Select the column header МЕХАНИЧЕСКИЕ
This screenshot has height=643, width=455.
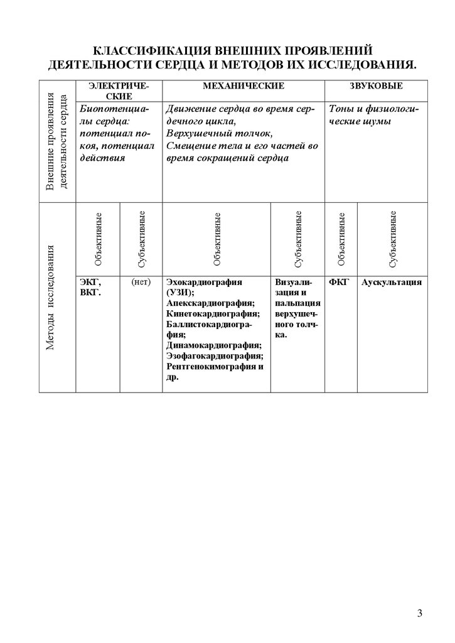tap(243, 85)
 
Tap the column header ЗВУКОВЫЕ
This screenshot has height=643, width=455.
tap(376, 85)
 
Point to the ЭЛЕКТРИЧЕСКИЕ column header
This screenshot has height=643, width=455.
tap(119, 90)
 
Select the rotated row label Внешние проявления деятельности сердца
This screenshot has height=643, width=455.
tap(57, 141)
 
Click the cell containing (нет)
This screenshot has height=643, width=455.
tap(141, 282)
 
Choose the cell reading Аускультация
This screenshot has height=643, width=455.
tap(392, 282)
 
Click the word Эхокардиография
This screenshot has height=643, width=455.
tap(205, 282)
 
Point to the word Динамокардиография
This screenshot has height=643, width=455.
tap(214, 345)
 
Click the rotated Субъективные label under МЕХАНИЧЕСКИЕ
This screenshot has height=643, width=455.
tap(298, 239)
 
